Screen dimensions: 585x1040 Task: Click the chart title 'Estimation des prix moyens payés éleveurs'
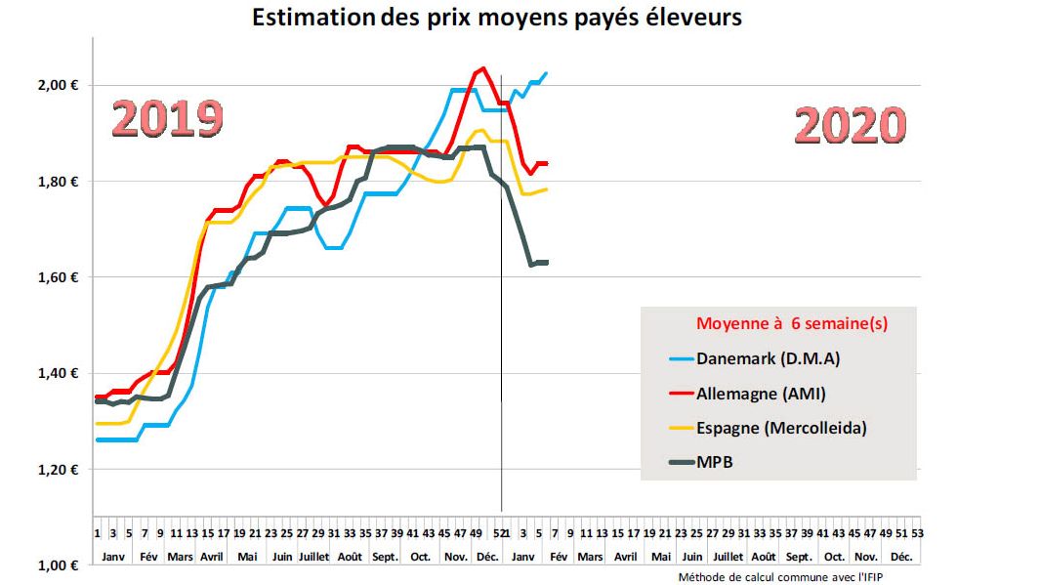[x=497, y=19]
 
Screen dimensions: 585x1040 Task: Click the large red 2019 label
[x=167, y=118]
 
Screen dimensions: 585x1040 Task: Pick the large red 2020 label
[x=850, y=127]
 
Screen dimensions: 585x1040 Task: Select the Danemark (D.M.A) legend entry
[x=768, y=358]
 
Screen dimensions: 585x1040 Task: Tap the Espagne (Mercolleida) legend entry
[x=780, y=428]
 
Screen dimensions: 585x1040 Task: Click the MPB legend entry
[x=714, y=462]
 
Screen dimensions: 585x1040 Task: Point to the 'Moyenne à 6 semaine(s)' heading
[x=791, y=323]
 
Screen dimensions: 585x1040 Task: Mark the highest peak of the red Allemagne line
[x=481, y=68]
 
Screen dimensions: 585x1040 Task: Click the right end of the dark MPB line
[x=547, y=262]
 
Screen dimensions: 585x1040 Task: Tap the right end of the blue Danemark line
[x=546, y=73]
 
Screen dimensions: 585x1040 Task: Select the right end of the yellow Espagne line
[x=546, y=189]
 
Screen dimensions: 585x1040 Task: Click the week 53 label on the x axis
[x=917, y=533]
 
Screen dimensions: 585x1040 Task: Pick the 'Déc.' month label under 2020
[x=901, y=557]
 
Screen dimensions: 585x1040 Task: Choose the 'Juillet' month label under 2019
[x=313, y=557]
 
